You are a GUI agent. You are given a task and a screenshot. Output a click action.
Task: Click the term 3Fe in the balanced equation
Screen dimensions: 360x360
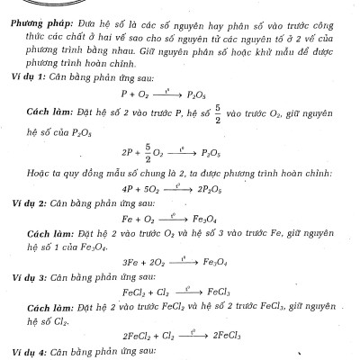point(126,263)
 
